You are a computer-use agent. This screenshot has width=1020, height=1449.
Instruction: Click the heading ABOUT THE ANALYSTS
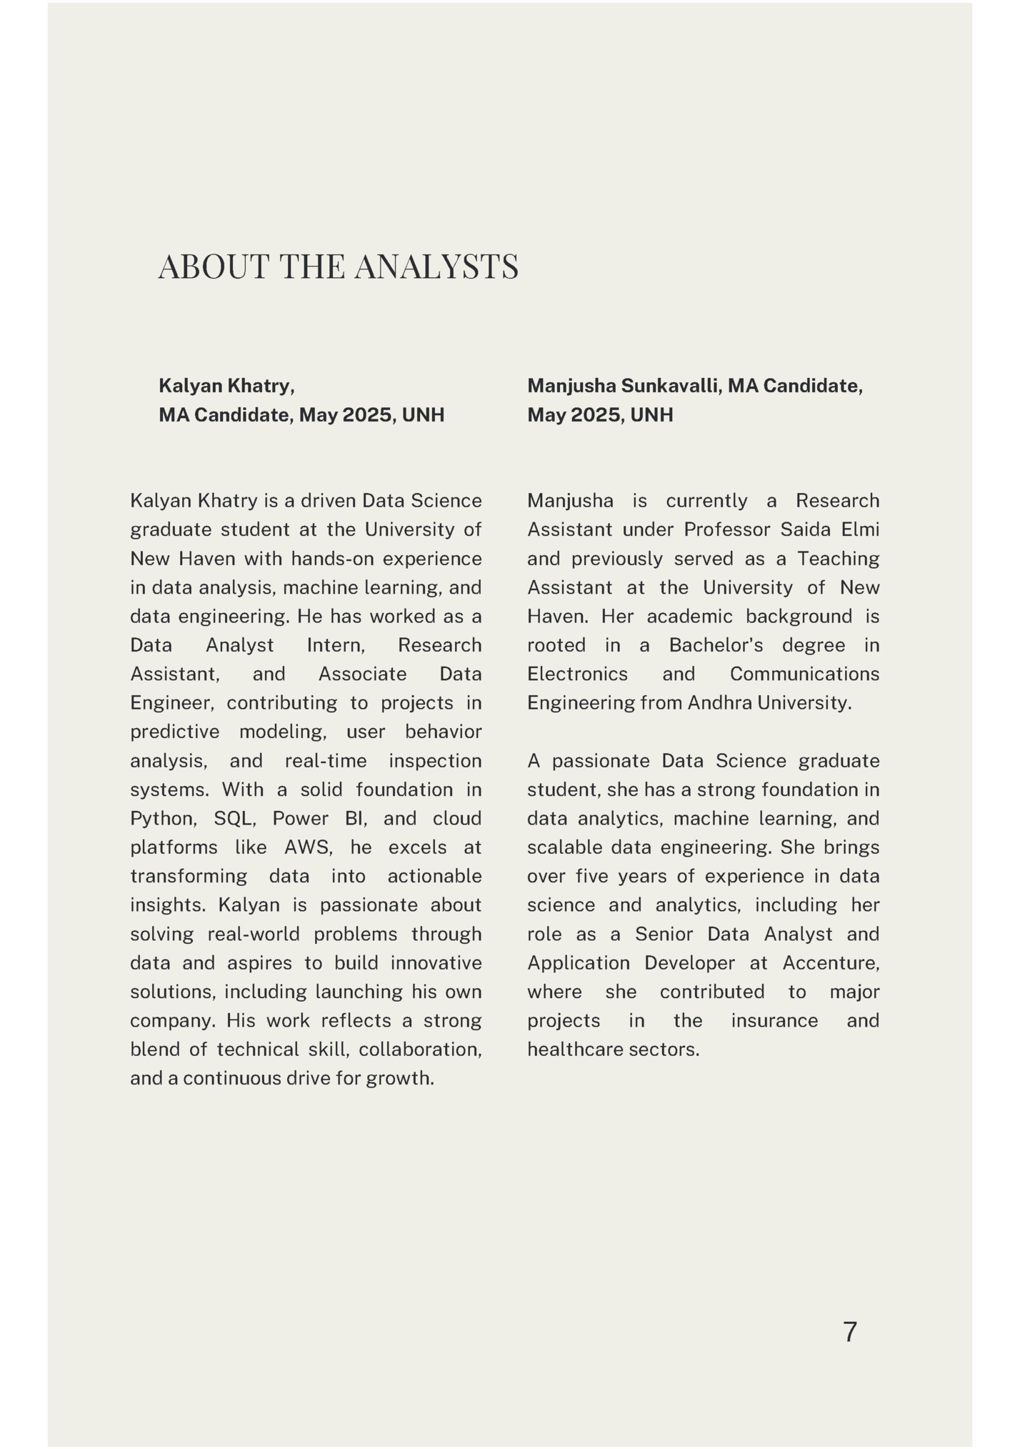point(338,267)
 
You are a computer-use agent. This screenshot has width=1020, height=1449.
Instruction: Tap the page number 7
point(849,1333)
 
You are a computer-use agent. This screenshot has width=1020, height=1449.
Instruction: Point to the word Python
point(162,819)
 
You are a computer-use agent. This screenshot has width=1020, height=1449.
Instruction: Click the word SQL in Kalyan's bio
point(234,819)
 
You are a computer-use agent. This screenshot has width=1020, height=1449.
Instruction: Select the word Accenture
point(830,963)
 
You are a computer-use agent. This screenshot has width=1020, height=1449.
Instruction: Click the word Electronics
point(577,674)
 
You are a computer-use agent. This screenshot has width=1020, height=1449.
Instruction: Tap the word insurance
point(774,1020)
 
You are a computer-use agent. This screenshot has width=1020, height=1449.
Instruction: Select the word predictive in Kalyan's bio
point(174,732)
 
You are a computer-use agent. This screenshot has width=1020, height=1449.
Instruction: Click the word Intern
point(336,645)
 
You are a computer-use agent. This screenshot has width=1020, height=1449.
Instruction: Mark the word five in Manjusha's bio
point(591,877)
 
